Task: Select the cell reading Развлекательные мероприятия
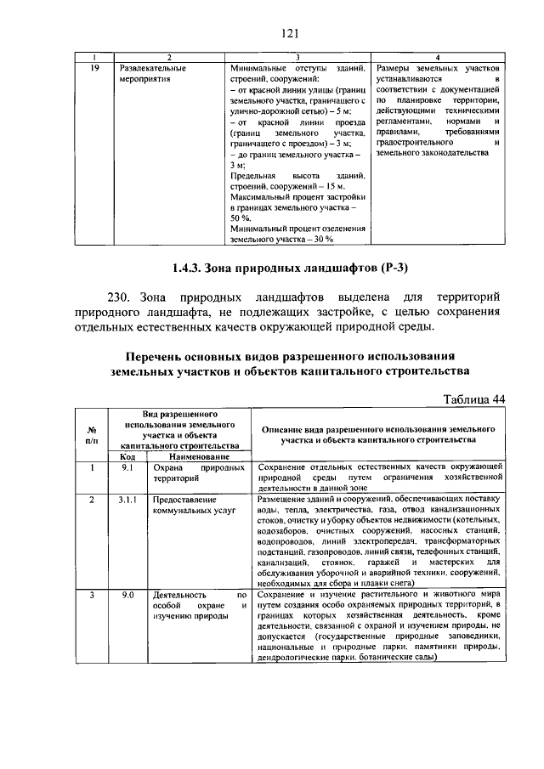click(x=152, y=72)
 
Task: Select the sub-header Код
click(x=127, y=456)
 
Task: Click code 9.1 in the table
click(x=127, y=467)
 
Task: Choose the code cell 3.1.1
click(x=127, y=500)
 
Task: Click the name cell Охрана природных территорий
click(x=199, y=472)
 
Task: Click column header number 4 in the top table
click(x=436, y=56)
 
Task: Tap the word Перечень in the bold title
click(x=157, y=354)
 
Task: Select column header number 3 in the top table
click(x=298, y=56)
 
